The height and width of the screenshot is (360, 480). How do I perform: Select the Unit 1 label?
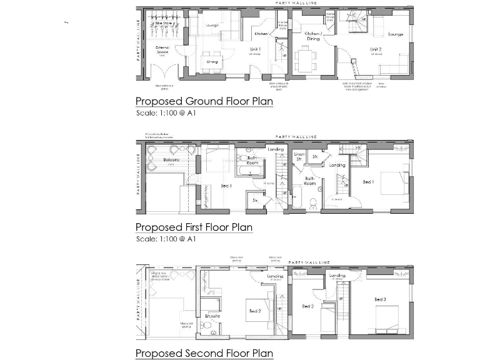click(256, 49)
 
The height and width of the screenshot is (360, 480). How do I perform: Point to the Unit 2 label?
click(375, 49)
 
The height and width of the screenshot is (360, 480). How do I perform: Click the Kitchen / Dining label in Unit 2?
click(312, 36)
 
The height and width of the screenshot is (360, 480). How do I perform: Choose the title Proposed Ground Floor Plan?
click(204, 101)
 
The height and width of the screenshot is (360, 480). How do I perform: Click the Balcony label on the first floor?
click(172, 161)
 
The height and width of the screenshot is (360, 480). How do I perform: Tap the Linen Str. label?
click(299, 157)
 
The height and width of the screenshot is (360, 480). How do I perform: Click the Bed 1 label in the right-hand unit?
click(369, 182)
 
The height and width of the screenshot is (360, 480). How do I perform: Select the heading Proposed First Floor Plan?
click(194, 227)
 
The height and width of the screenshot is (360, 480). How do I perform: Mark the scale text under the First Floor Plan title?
click(166, 239)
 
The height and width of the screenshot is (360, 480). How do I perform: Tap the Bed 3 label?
click(380, 299)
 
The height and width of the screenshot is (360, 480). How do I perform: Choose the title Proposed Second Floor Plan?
click(204, 353)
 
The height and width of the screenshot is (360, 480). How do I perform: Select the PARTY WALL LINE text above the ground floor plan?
click(296, 3)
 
